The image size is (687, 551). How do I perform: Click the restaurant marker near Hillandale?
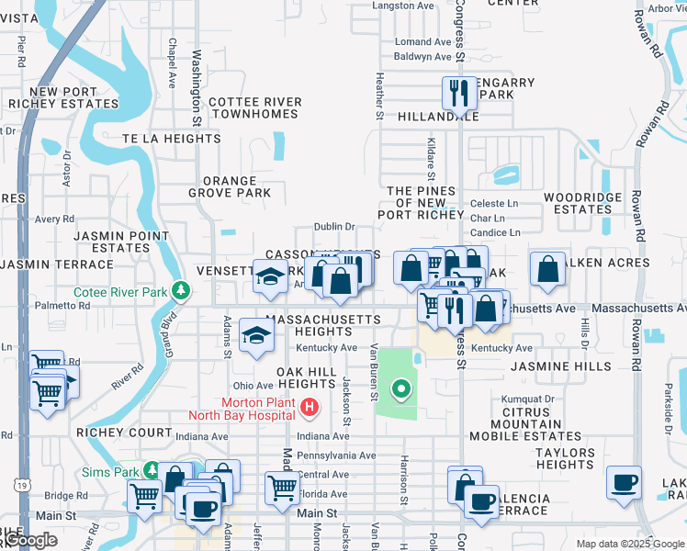point(456,92)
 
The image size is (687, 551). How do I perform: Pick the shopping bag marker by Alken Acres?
point(547,268)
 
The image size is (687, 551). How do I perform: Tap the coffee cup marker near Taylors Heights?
point(624,481)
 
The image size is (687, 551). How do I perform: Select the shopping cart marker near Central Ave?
point(281,487)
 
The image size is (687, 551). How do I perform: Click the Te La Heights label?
point(172,139)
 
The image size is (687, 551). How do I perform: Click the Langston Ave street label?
point(403,6)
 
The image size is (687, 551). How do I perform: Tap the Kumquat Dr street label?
point(528,399)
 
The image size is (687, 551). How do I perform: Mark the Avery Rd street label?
point(54,219)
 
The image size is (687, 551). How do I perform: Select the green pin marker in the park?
point(400,390)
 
